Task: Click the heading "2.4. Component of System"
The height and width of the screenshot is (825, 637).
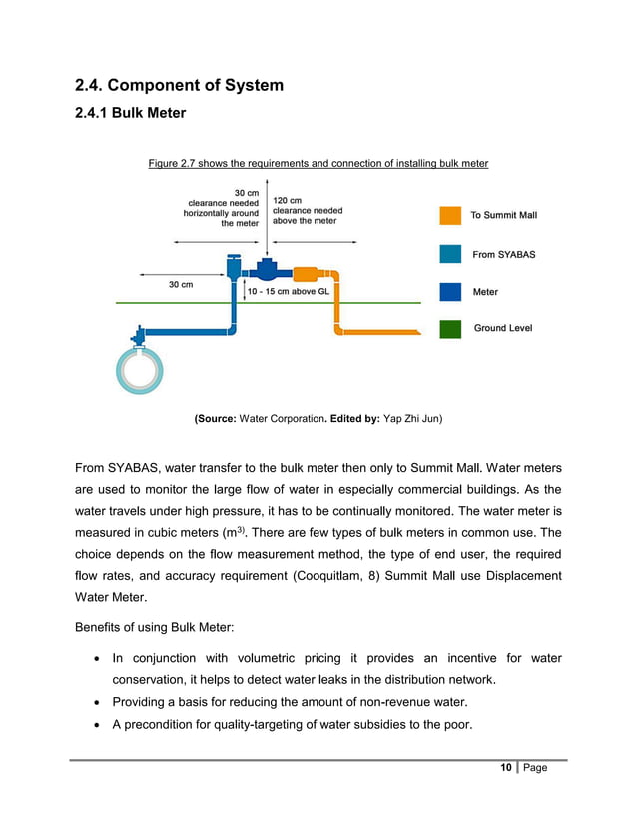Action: [x=179, y=85]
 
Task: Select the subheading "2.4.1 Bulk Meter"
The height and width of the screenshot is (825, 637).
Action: [x=130, y=113]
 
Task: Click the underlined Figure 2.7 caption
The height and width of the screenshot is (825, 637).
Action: [x=318, y=163]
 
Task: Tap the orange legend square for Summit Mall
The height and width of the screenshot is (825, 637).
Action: [x=450, y=215]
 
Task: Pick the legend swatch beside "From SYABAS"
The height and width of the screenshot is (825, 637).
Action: [x=450, y=254]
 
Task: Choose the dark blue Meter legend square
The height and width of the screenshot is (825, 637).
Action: [x=450, y=292]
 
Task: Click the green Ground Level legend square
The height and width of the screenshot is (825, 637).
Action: [x=450, y=328]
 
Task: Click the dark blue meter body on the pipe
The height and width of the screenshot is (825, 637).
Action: [x=268, y=270]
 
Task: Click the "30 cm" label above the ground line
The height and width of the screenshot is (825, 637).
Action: [x=181, y=284]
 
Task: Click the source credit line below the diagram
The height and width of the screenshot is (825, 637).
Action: [x=318, y=420]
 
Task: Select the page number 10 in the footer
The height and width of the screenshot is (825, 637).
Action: [x=506, y=767]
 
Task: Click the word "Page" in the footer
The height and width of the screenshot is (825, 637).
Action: [x=535, y=767]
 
